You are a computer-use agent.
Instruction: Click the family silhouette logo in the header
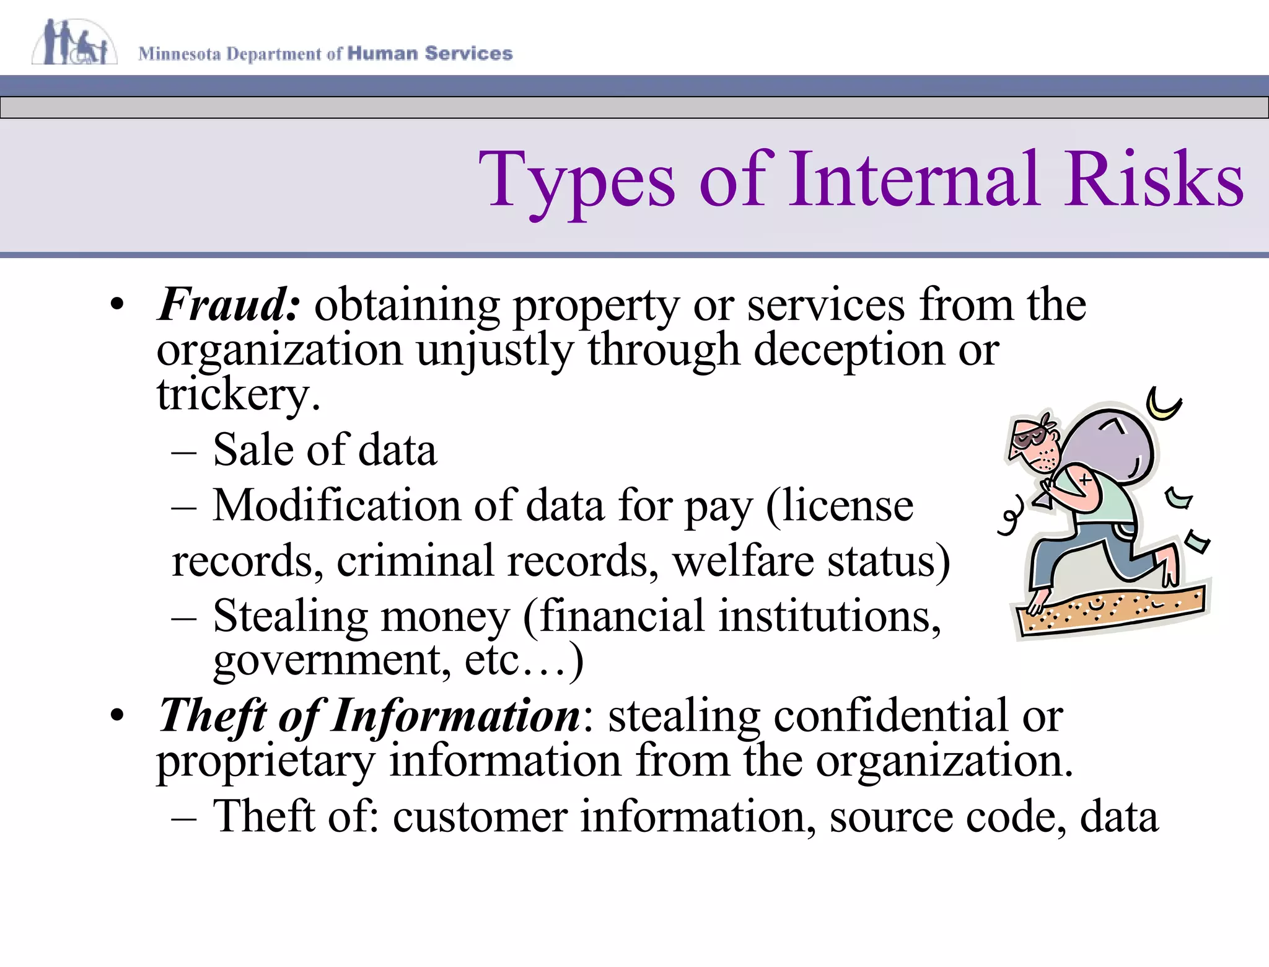coord(74,42)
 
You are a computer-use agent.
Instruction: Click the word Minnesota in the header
coord(180,54)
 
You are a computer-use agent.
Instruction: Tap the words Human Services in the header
coord(430,53)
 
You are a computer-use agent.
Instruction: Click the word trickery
coord(238,394)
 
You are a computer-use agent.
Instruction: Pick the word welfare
coord(743,560)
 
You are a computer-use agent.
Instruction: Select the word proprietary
coord(266,761)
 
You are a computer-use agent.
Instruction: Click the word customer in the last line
coord(480,816)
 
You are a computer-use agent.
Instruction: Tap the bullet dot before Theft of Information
coord(117,716)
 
